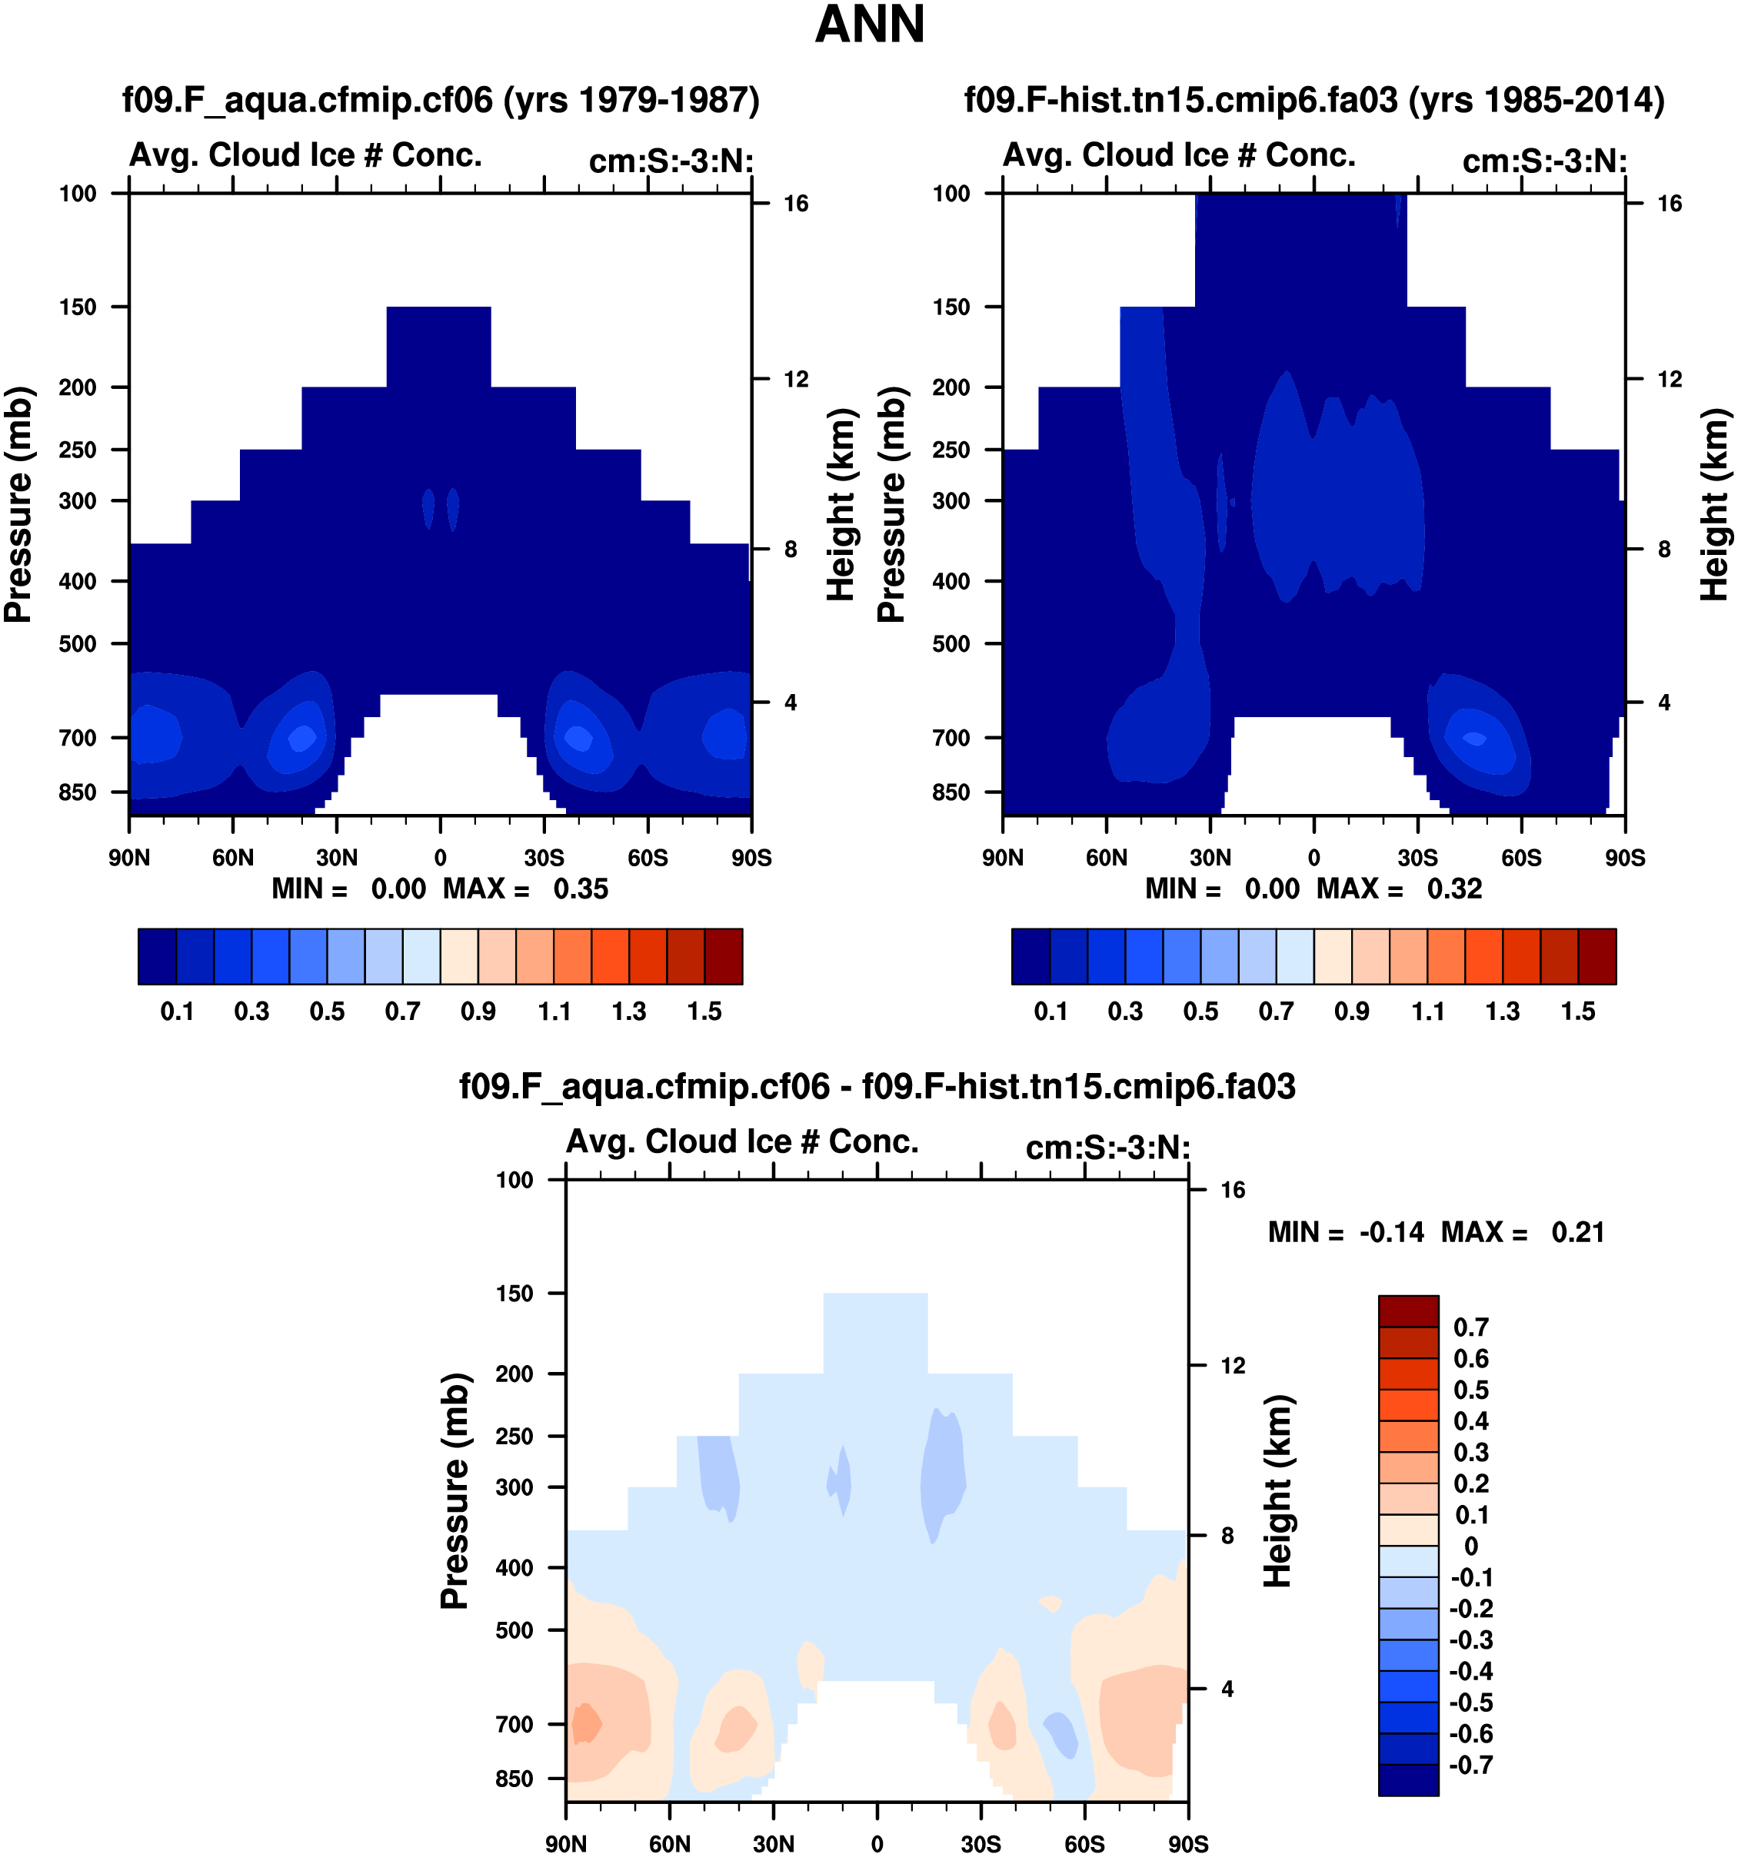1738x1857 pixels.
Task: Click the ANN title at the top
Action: click(869, 25)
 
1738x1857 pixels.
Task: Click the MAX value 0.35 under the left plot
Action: click(581, 889)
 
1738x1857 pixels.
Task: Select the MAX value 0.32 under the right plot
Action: click(1454, 889)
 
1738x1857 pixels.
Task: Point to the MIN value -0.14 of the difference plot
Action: click(1391, 1232)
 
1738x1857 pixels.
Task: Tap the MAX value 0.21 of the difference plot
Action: click(1577, 1232)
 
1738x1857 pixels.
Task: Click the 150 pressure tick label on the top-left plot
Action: click(78, 307)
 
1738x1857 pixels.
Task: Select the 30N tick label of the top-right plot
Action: click(1210, 858)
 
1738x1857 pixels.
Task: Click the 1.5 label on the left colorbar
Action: click(704, 1012)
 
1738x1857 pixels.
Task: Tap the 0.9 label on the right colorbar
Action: click(1351, 1012)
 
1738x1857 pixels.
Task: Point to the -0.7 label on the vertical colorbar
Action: click(1470, 1766)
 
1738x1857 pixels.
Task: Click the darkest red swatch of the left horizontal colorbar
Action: click(723, 956)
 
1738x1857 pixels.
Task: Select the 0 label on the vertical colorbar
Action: click(1470, 1547)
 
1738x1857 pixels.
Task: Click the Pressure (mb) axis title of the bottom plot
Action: click(454, 1491)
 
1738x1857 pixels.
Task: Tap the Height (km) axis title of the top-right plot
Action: click(1713, 504)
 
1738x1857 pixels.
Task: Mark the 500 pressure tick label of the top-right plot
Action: click(951, 643)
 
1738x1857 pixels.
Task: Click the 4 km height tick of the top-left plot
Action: click(791, 703)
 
